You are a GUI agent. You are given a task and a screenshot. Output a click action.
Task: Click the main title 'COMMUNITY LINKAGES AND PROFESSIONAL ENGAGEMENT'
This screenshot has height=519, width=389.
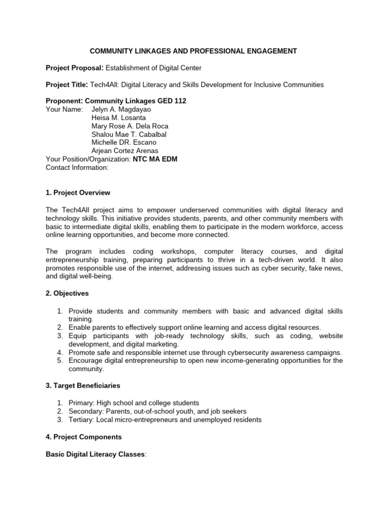point(193,51)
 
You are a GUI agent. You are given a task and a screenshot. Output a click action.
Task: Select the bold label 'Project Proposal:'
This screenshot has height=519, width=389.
point(74,68)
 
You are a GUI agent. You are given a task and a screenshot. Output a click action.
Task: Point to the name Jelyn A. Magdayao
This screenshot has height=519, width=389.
point(121,109)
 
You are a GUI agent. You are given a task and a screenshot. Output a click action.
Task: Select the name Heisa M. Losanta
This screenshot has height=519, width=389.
point(118,118)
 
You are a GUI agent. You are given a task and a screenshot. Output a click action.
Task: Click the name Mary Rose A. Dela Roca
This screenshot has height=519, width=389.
point(130,126)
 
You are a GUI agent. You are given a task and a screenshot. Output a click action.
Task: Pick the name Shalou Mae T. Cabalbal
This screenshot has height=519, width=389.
point(129,134)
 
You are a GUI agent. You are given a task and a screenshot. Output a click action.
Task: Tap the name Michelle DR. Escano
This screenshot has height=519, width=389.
point(123,142)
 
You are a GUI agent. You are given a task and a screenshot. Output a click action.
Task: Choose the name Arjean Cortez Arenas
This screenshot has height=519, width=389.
point(125,151)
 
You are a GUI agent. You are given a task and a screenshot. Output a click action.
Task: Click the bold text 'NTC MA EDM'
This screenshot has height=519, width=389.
point(155,159)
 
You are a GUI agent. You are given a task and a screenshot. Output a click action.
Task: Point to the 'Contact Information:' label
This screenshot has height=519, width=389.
point(77,167)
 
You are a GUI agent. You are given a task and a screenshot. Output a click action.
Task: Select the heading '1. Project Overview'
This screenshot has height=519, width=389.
point(78,193)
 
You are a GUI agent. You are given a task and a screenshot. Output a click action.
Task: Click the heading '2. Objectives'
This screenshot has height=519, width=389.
point(67,293)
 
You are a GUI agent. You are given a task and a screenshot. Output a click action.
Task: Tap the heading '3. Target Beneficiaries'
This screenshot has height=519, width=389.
point(83,386)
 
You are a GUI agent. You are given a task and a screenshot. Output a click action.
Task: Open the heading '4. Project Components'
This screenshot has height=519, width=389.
point(84,436)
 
